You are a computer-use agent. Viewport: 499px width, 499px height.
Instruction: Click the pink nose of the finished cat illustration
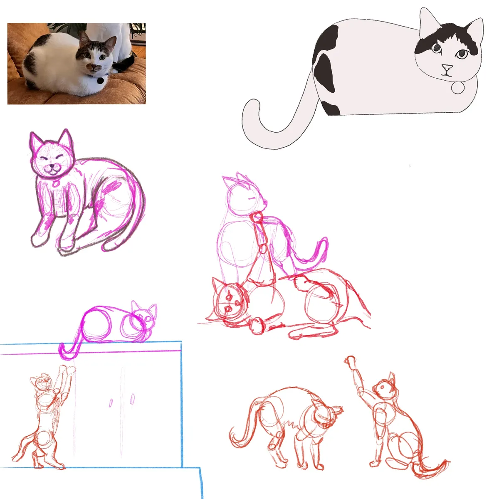click(x=447, y=67)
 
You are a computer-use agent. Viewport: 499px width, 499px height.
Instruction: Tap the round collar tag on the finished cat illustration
click(x=458, y=88)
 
